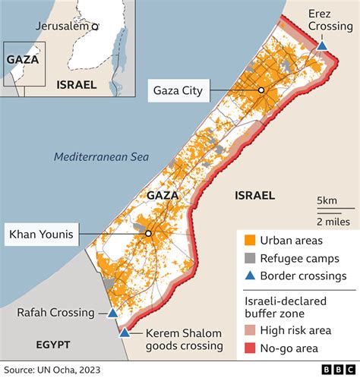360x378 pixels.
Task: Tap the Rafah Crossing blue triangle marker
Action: point(112,313)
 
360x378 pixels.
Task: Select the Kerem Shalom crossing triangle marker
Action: point(124,332)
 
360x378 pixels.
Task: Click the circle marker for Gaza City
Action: point(261,90)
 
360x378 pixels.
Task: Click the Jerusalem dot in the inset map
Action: point(95,27)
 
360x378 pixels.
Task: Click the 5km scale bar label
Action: point(327,200)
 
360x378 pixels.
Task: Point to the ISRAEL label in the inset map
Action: point(76,85)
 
